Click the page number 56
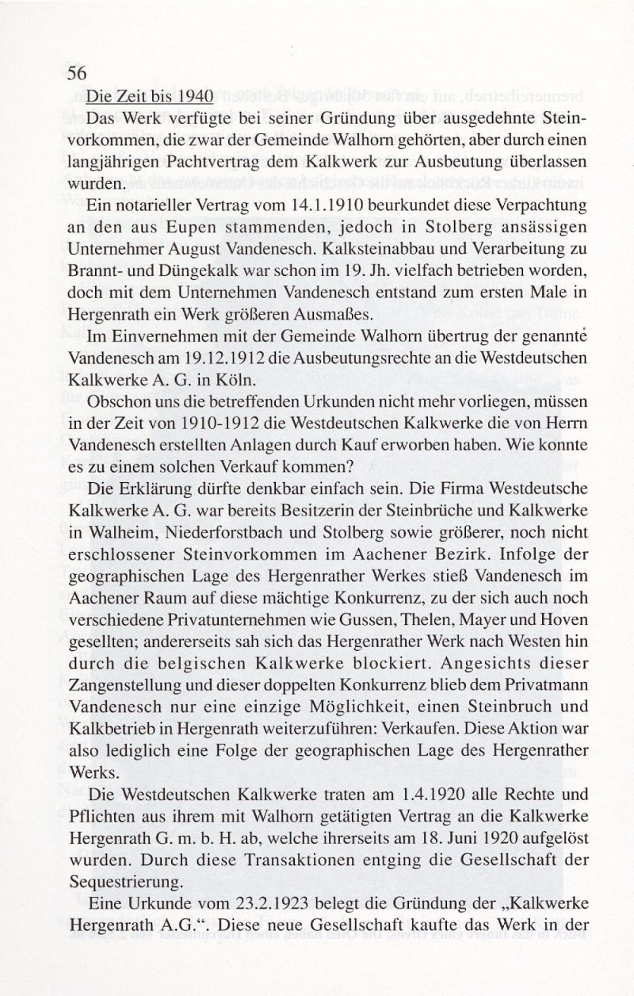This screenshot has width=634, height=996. point(76,73)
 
